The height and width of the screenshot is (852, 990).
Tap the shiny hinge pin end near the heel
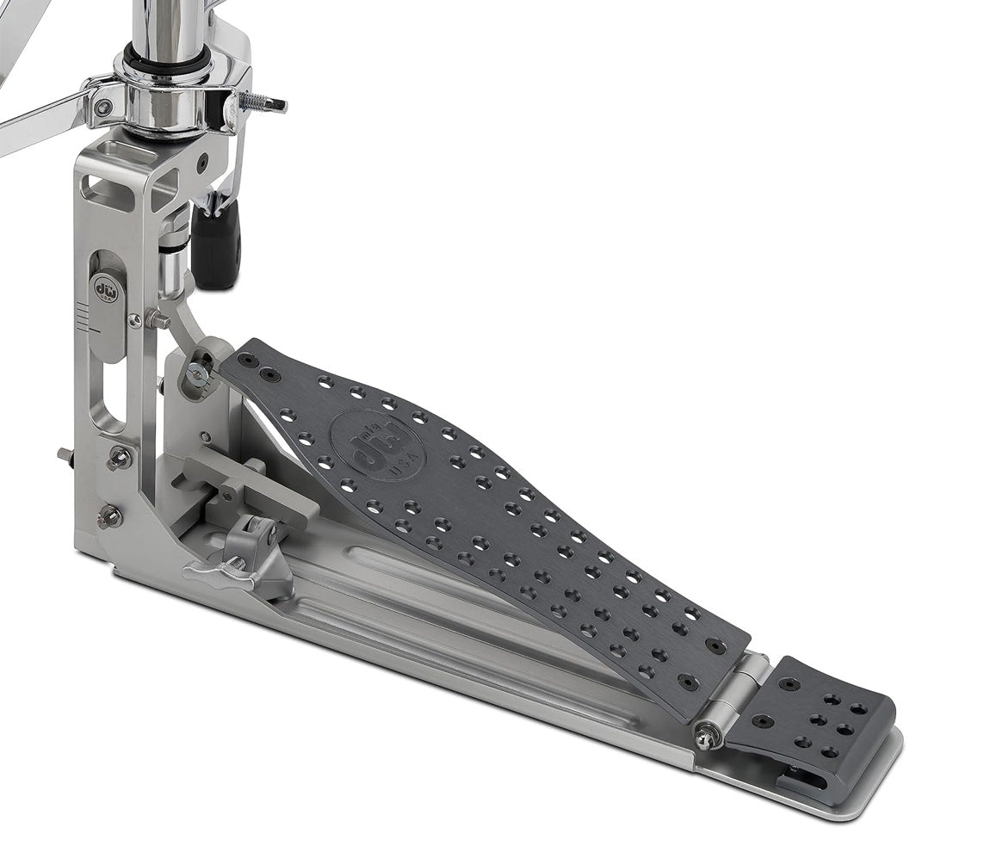pos(707,734)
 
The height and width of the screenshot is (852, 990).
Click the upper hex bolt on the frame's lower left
pos(118,459)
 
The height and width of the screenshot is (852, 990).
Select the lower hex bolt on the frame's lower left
pos(108,516)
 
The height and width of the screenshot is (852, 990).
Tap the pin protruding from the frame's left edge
pos(65,454)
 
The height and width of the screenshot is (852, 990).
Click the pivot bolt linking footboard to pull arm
pos(199,371)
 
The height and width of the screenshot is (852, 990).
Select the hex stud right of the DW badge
pos(155,319)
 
